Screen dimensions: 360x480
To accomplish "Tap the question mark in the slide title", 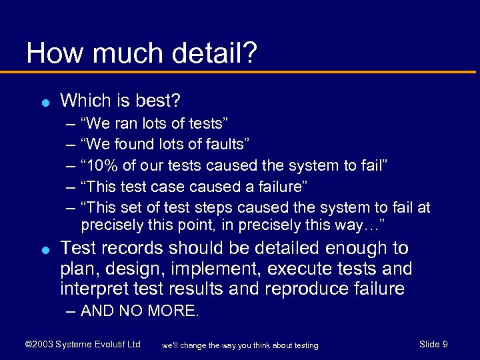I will coord(249,53).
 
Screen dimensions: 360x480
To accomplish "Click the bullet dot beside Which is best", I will coord(43,102).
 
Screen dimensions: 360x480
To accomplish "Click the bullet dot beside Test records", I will coord(43,249).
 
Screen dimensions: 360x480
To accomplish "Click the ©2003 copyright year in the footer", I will coord(39,344).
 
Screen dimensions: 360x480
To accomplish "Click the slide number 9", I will coord(445,344).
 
